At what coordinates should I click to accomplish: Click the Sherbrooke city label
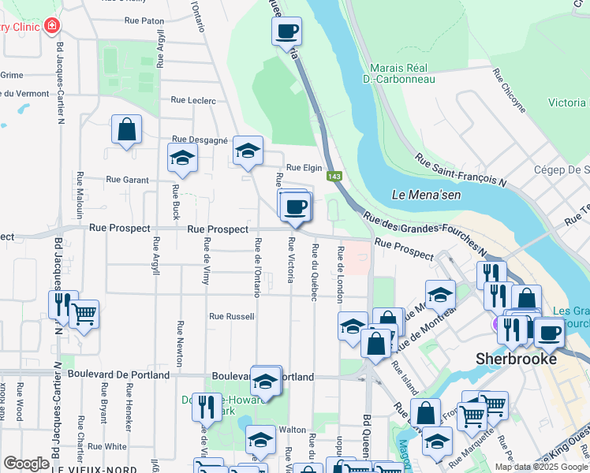[516, 358]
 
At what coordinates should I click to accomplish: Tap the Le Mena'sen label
[424, 194]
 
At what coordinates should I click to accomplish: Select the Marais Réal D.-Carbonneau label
[399, 73]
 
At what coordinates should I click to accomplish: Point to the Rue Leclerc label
[193, 100]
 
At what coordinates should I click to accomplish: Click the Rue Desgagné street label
[200, 139]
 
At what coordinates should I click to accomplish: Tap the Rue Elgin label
[304, 167]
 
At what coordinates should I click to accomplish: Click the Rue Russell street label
[231, 316]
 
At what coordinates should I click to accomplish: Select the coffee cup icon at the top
[286, 32]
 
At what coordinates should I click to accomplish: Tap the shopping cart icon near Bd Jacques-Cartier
[84, 313]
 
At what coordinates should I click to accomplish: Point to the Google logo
[26, 464]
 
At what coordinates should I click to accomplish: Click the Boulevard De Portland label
[118, 375]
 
